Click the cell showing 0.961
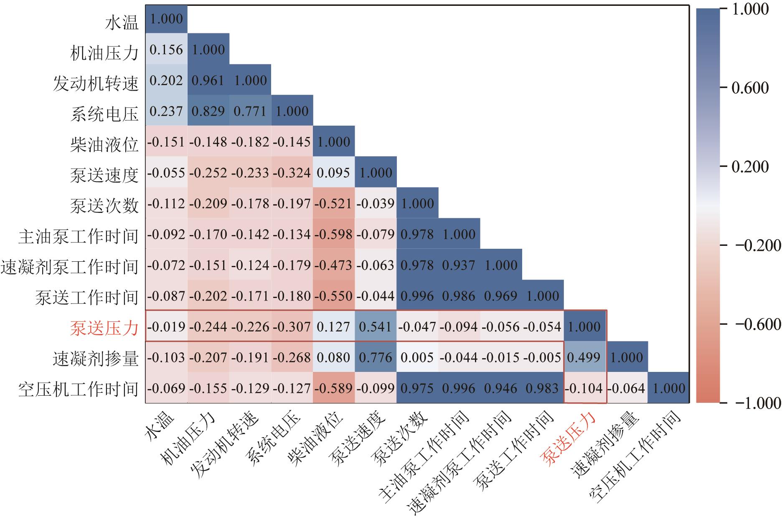208,80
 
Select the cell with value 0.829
208,111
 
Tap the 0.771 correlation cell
250,111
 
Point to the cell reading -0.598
333,234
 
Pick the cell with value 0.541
375,326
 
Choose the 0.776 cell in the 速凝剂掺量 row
375,357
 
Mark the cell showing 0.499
584,357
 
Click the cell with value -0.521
333,203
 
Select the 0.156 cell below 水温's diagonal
166,50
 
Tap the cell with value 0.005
417,357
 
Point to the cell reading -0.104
584,388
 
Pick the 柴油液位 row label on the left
104,144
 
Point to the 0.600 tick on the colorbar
750,88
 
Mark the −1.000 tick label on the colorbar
754,403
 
